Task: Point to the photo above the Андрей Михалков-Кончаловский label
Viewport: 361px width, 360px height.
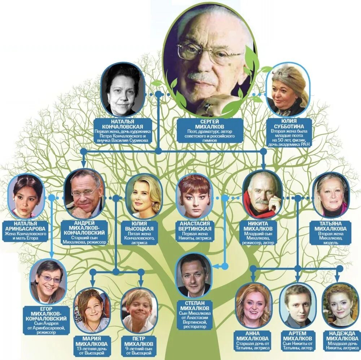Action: pos(84,194)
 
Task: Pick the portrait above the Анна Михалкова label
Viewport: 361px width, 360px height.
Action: pos(253,305)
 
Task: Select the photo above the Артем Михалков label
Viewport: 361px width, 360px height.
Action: pos(298,305)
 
